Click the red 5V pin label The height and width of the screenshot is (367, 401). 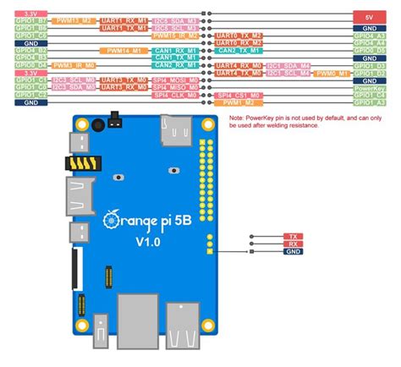369,16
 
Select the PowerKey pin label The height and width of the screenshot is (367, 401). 369,88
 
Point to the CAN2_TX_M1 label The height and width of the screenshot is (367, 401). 175,64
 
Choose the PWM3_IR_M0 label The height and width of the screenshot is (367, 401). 72,64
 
